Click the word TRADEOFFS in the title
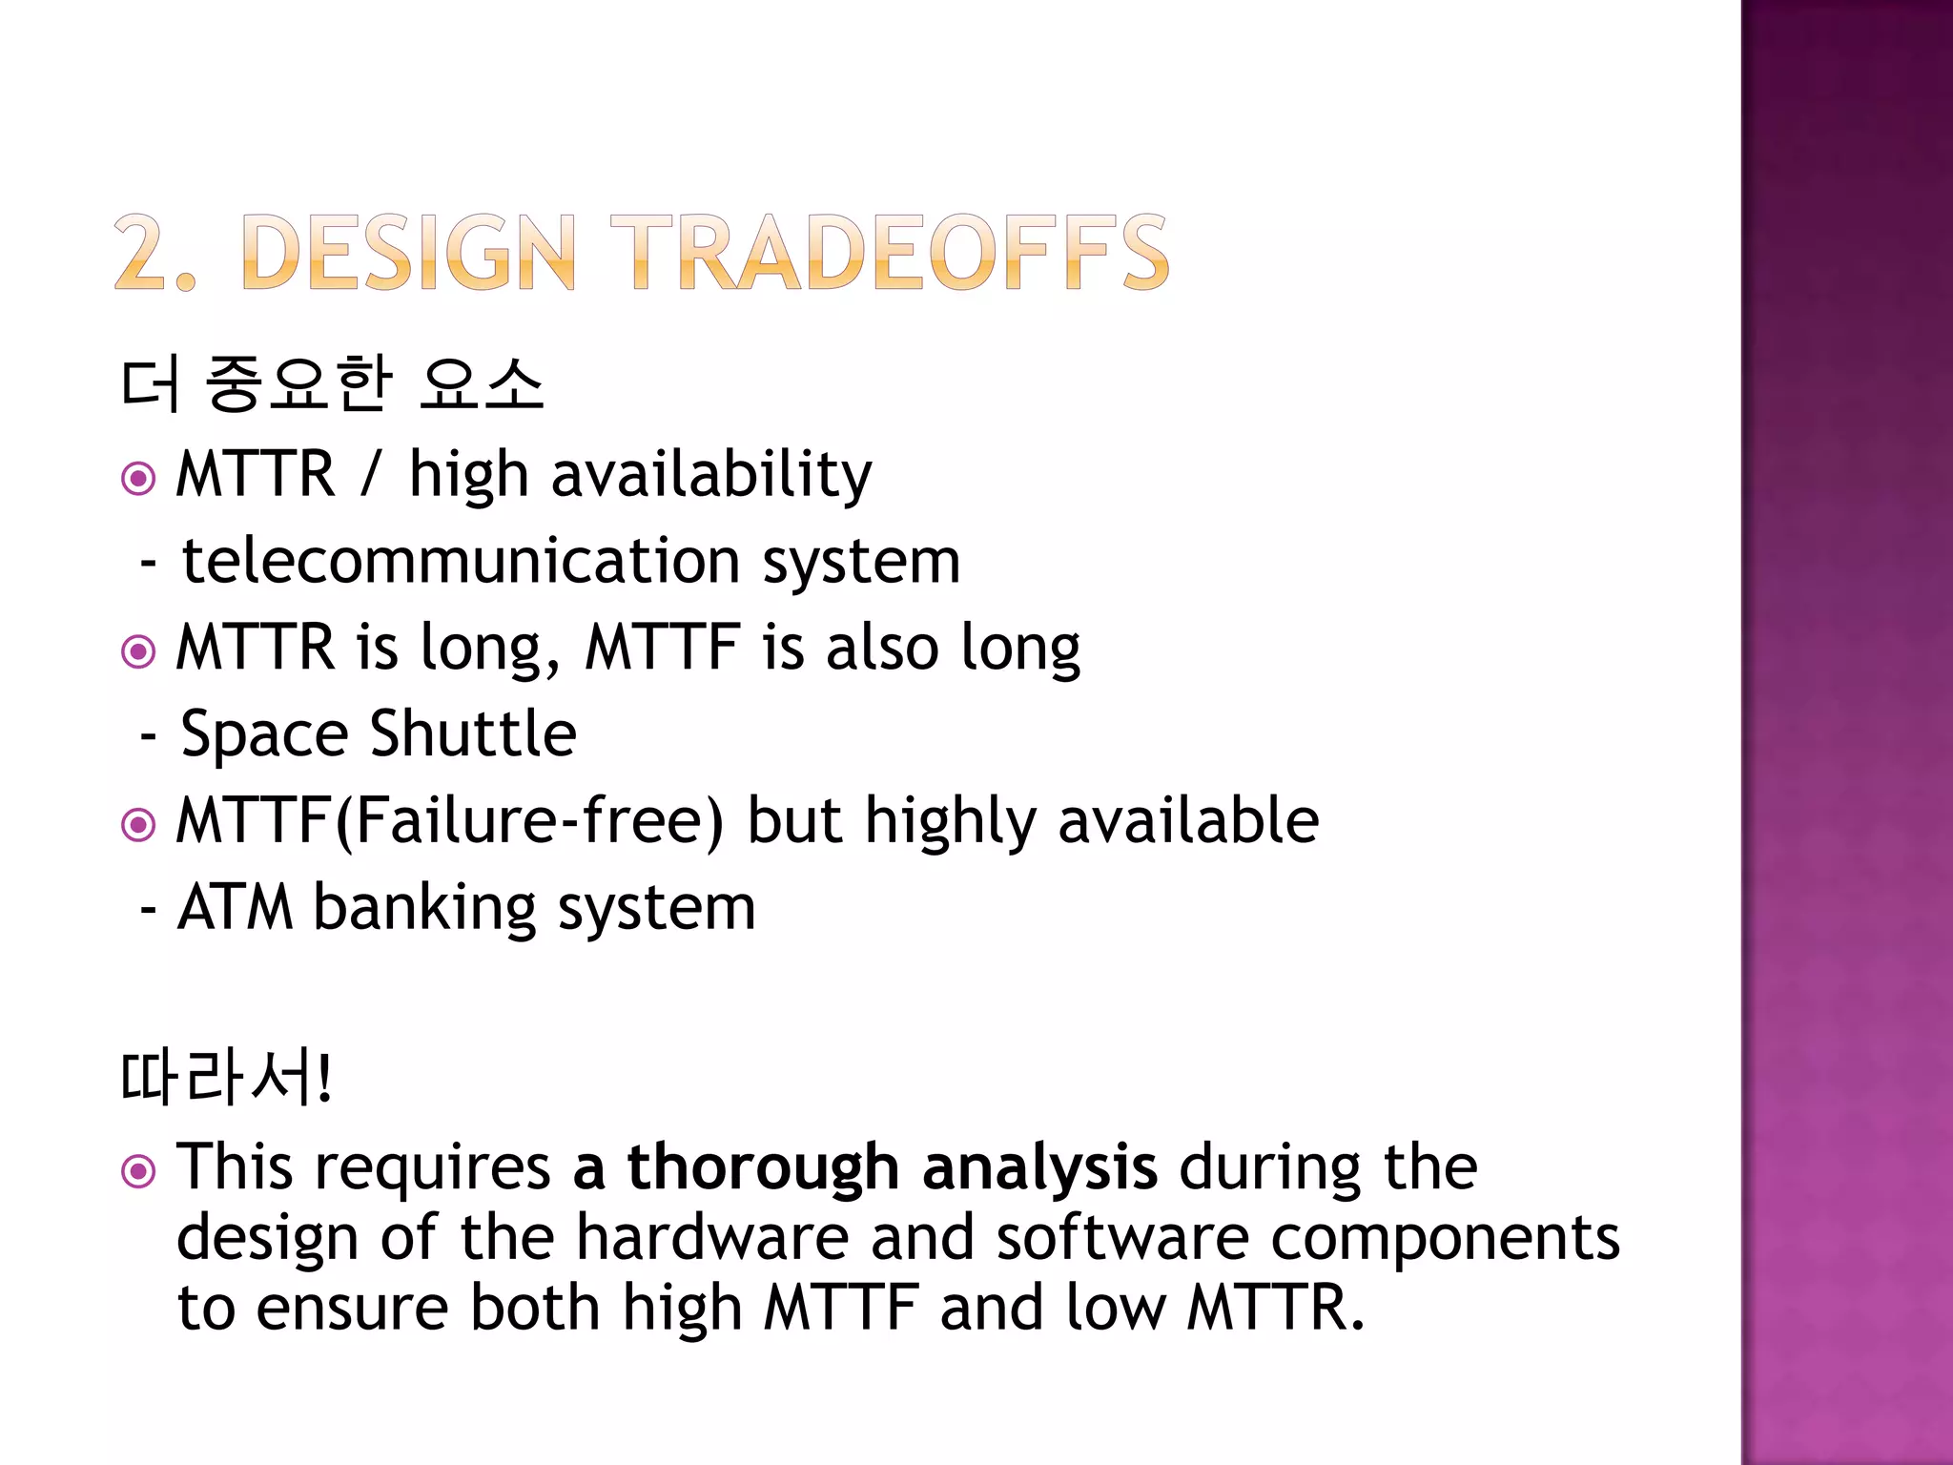click(x=889, y=252)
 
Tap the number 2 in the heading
click(x=143, y=252)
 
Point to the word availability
click(x=710, y=474)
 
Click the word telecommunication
click(x=461, y=561)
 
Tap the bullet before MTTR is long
click(x=138, y=652)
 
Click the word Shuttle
click(x=473, y=734)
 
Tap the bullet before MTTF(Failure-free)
click(x=138, y=825)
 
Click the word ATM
click(x=235, y=907)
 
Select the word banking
click(x=424, y=909)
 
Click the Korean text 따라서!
click(x=226, y=1078)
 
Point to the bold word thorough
click(x=763, y=1167)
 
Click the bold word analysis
click(x=1039, y=1169)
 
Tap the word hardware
click(x=711, y=1238)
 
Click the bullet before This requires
click(x=138, y=1171)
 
